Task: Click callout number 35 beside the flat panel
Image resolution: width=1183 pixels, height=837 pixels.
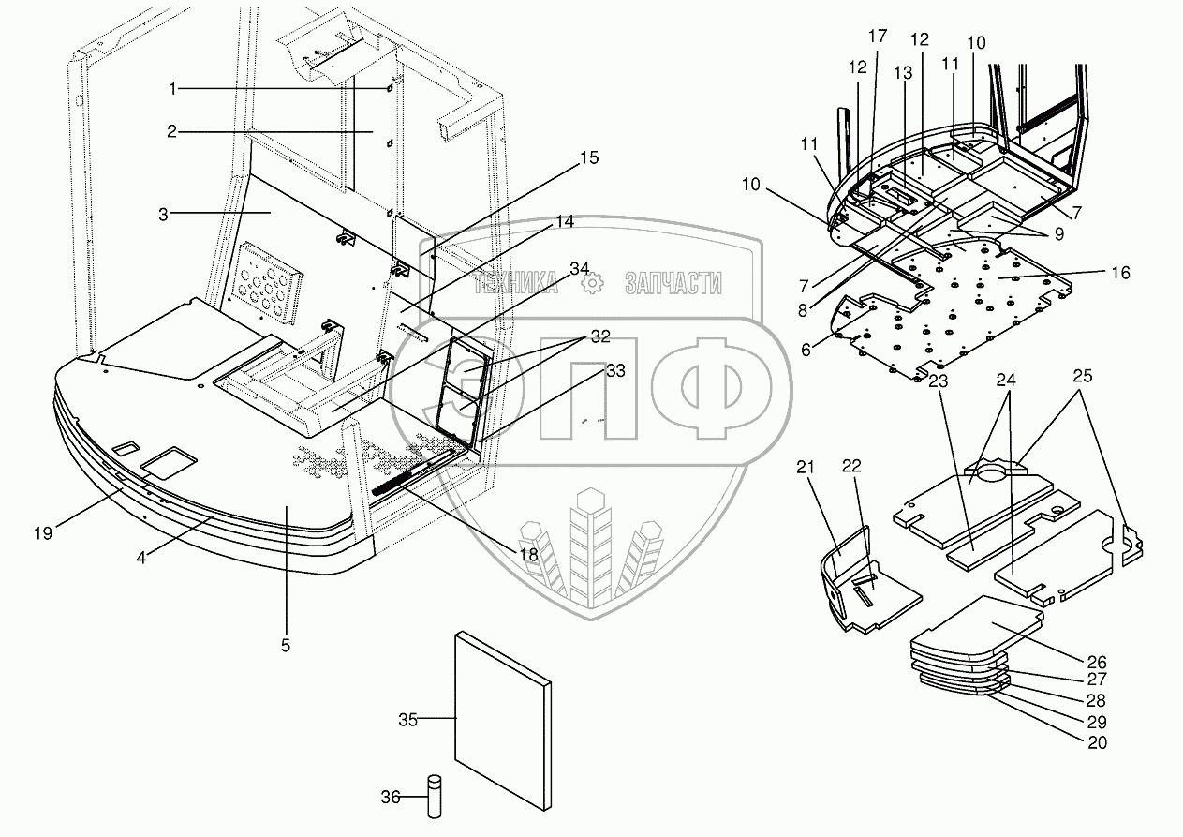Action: (407, 720)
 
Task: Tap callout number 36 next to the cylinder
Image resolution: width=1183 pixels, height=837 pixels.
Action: (390, 798)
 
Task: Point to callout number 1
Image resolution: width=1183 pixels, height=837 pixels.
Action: (173, 88)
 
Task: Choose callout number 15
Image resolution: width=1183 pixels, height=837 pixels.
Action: (588, 157)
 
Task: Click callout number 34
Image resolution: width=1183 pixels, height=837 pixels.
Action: (579, 269)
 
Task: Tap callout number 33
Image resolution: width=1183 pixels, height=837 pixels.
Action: (614, 370)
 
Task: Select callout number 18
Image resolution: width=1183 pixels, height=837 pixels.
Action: (528, 555)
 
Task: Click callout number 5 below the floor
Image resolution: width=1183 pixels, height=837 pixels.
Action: (286, 645)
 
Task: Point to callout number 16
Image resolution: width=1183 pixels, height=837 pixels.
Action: (1120, 273)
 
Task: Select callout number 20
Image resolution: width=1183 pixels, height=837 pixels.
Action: (1097, 743)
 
